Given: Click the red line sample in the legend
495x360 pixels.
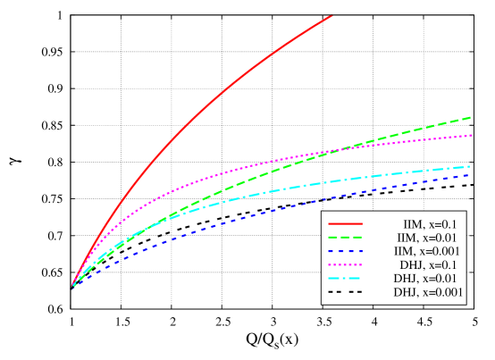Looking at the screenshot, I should click(x=345, y=223).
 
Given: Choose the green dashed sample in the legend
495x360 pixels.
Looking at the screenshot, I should click(x=345, y=238).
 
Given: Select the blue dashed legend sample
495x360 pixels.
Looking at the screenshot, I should click(x=345, y=251).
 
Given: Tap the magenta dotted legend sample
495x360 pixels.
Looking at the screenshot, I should click(x=345, y=265).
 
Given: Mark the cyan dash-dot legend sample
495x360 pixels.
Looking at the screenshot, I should click(x=345, y=279).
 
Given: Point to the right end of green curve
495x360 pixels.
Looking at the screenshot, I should click(x=471, y=117).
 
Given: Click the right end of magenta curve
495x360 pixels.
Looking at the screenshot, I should click(x=471, y=136).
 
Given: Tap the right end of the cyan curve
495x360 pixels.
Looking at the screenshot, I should click(x=470, y=166).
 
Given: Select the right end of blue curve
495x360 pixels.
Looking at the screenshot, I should click(x=470, y=174).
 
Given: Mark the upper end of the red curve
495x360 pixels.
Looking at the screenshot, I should click(x=331, y=15).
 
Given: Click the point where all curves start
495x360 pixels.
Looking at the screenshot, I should click(x=72, y=288).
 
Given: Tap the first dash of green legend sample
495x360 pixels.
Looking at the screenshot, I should click(x=332, y=238).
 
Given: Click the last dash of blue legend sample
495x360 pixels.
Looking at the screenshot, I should click(x=357, y=251).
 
